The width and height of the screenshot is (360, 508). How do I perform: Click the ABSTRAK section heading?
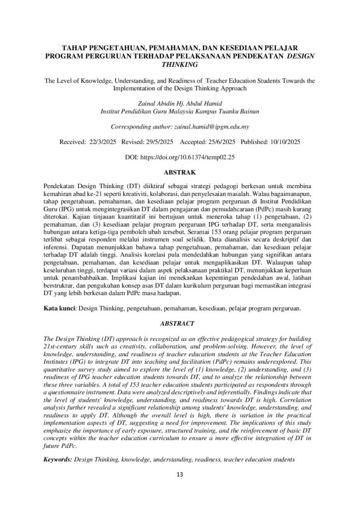(x=180, y=174)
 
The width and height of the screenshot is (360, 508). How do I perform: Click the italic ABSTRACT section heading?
(x=180, y=323)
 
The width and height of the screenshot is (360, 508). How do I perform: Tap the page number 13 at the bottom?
(x=180, y=475)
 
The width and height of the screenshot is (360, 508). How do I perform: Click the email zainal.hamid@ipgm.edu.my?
(x=216, y=126)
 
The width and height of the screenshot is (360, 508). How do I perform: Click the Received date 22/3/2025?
(x=101, y=142)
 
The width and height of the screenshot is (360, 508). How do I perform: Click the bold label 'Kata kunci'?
(x=59, y=309)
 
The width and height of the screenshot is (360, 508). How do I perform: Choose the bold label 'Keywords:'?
(x=58, y=459)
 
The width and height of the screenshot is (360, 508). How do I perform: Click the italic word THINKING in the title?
(x=180, y=64)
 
